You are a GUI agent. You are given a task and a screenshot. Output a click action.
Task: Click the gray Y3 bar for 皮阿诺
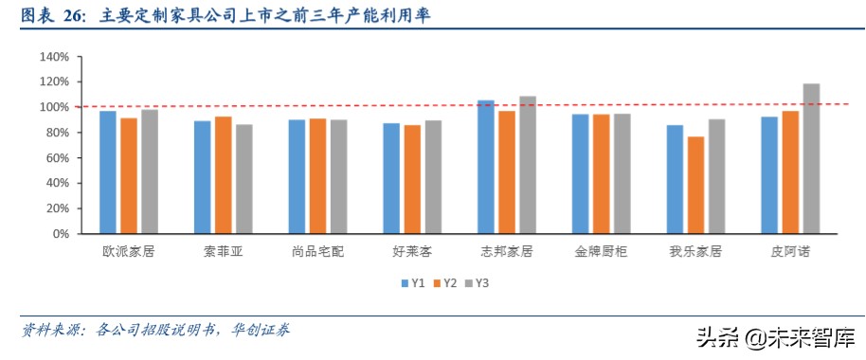[811, 158]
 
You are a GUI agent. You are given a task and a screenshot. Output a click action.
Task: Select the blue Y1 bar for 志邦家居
[486, 167]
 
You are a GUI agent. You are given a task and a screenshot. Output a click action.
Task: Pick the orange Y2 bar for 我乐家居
[696, 185]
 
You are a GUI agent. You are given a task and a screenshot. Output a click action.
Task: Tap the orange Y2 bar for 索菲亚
[224, 175]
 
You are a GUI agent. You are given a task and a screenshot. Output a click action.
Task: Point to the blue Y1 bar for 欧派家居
[108, 172]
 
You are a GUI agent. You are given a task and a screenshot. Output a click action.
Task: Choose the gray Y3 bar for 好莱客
[433, 177]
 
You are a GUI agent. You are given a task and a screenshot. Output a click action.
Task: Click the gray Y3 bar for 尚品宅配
[338, 176]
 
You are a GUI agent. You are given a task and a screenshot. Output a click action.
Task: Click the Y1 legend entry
[410, 282]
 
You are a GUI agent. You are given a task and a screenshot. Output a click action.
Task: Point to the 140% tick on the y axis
[54, 57]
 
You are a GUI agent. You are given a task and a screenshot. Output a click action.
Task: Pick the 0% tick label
[60, 233]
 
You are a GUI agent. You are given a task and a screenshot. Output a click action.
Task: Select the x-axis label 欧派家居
[130, 252]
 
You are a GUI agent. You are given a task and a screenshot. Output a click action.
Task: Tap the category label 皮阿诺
[790, 252]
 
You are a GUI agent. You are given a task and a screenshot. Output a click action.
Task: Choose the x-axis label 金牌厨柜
[601, 252]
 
